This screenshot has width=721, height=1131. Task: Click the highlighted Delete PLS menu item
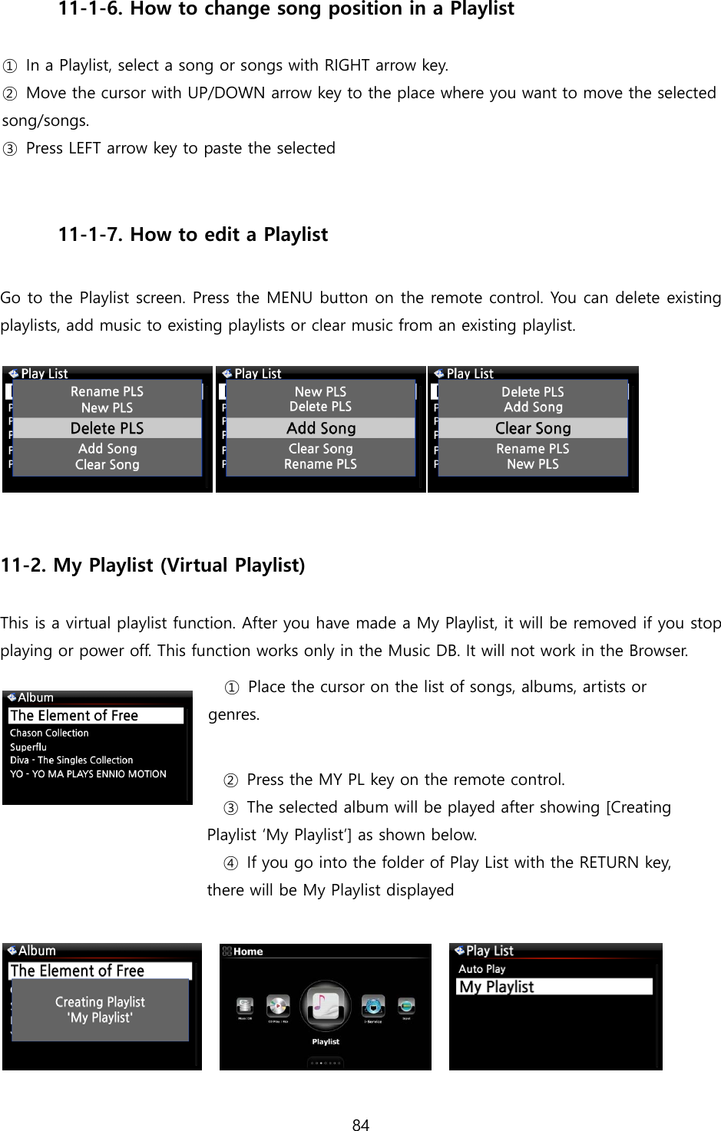point(107,428)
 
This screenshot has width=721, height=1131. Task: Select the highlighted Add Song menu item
point(320,428)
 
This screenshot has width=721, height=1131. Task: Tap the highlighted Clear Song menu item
point(533,428)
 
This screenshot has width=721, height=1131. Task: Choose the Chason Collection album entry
point(49,733)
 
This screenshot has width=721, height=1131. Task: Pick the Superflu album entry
point(28,747)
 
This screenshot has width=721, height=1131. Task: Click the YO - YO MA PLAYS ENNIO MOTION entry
point(88,774)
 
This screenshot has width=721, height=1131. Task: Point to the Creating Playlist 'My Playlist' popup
point(100,1010)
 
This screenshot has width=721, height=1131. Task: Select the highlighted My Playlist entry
point(496,987)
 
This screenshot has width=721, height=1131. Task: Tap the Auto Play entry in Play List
point(482,969)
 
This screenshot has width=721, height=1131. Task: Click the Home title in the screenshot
point(248,951)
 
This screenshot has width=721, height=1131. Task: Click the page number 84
point(360,1125)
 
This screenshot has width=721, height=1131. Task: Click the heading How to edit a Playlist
point(229,235)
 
